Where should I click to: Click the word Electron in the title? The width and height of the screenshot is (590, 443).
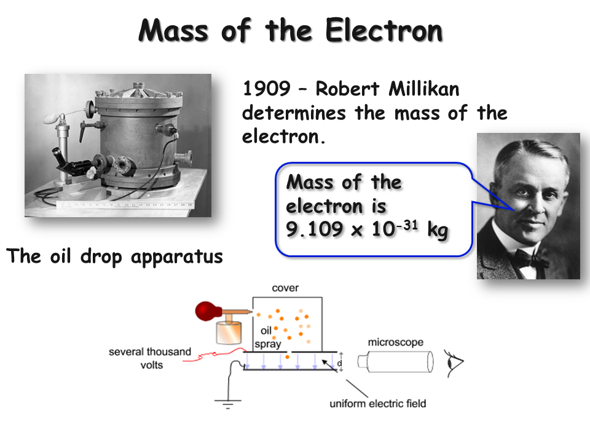pos(383,30)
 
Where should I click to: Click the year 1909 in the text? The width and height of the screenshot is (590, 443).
pos(266,89)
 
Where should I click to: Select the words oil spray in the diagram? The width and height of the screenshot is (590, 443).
pos(267,338)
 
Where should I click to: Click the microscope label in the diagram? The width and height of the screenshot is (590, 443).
pos(395,342)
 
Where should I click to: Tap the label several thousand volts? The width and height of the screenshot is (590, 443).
pos(150,357)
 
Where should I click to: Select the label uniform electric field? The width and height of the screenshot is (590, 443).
pos(378,404)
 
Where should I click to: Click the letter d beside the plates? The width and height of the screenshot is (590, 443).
pos(339,363)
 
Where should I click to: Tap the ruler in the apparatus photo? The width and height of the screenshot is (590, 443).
pos(123,204)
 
